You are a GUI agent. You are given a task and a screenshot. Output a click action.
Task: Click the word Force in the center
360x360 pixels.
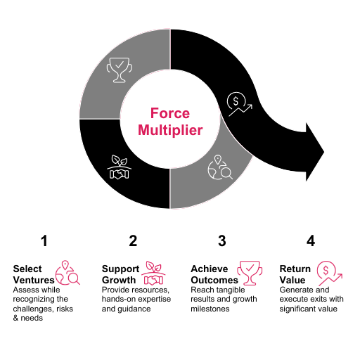coord(170,113)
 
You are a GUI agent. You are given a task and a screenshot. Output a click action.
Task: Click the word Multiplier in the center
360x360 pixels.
coord(170,130)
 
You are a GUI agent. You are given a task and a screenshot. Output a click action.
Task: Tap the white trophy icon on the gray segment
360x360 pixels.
coord(120,70)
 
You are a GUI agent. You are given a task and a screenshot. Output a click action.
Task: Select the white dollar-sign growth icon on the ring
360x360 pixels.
coord(240,104)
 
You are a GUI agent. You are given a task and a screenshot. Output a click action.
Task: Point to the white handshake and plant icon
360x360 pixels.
coord(120,167)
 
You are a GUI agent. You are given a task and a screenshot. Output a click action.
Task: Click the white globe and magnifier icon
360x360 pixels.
coord(220,167)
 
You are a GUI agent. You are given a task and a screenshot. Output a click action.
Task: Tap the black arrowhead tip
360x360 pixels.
coord(324,152)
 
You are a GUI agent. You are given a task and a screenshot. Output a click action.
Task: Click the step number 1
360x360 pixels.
coord(44,240)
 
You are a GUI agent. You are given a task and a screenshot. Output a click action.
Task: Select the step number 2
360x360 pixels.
coord(133,240)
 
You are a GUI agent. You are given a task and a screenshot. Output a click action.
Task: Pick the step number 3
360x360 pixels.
coord(222,240)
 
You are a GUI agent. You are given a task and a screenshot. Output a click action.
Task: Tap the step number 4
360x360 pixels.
coord(311,240)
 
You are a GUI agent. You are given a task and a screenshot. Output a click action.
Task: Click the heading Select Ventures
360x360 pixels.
coord(34,274)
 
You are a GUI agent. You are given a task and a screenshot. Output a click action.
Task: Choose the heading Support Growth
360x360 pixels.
coord(121,274)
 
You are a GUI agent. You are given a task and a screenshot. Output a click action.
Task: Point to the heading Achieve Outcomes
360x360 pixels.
coord(214,274)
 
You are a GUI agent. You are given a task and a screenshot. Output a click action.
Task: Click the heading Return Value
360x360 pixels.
coord(295,274)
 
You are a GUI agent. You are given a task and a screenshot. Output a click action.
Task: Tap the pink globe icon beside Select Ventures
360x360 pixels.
coord(67,273)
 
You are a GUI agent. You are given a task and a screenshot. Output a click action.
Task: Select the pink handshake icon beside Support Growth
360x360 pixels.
coord(153,273)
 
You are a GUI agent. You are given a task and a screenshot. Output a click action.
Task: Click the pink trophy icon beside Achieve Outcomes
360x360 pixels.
coord(250,273)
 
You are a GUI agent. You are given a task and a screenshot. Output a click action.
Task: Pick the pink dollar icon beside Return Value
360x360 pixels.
coord(330,274)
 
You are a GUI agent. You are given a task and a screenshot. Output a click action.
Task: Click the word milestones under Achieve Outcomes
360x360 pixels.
coord(210,309)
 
